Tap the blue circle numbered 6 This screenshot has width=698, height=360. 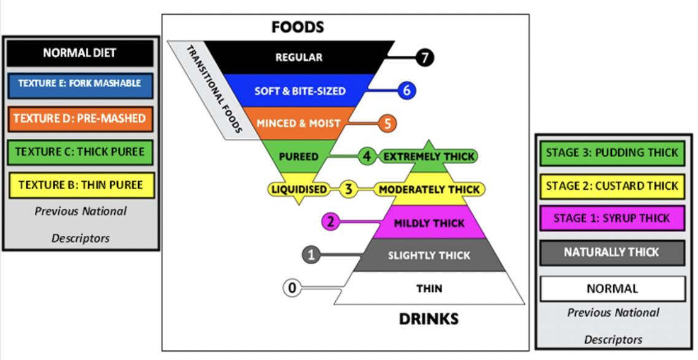tap(406, 90)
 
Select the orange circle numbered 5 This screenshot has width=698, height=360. tap(387, 123)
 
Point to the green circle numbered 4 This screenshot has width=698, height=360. tap(366, 156)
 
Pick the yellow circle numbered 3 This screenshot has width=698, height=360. tap(348, 189)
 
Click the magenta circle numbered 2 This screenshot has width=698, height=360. tap(331, 222)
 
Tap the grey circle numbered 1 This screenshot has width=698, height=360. tap(312, 254)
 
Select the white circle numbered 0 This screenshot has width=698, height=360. tap(293, 287)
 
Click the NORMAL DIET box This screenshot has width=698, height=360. tap(80, 53)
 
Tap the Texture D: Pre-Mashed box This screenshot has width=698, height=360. tap(80, 118)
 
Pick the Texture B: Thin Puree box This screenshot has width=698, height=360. tap(80, 184)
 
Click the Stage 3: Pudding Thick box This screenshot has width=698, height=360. tap(611, 153)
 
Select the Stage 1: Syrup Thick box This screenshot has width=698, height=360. tap(611, 218)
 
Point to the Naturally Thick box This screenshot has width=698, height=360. tap(611, 252)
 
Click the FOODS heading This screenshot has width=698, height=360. tap(298, 27)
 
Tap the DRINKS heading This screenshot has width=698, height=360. tap(428, 319)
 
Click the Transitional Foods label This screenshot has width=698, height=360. tap(213, 90)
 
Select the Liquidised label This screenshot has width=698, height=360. tap(300, 189)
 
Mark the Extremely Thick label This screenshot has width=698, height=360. tap(428, 156)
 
